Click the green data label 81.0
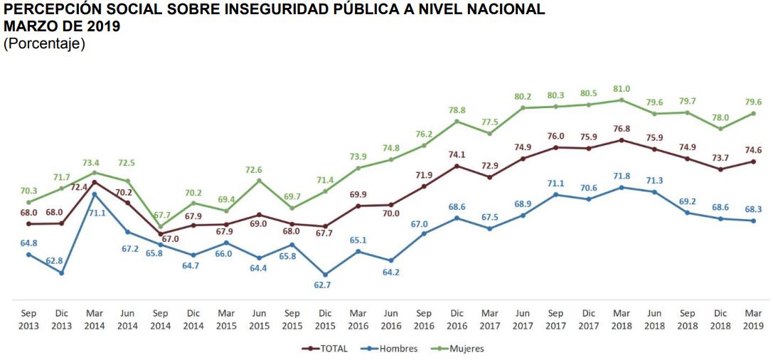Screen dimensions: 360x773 622,88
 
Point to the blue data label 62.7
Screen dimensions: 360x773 325,285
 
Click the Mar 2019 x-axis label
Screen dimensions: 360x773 753,319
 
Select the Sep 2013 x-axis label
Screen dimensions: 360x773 28,319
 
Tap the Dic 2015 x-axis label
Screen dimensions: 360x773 325,319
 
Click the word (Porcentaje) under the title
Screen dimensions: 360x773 44,44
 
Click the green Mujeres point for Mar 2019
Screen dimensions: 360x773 753,113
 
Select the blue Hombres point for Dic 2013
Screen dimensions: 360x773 61,272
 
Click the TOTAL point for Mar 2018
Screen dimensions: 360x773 622,140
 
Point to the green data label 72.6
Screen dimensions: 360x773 259,169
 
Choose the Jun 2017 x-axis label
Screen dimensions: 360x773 523,319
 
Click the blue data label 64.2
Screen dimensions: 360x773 390,272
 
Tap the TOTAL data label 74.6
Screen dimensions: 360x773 753,149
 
